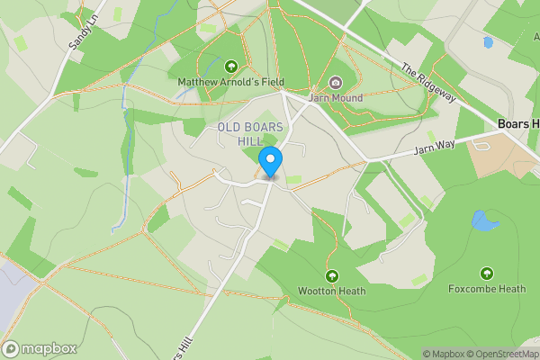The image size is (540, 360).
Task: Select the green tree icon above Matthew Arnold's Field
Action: [x=231, y=67]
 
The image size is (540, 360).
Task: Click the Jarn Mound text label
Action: [x=335, y=98]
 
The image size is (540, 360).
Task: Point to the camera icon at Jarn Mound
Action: [x=336, y=83]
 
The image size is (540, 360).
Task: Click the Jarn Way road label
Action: [x=435, y=147]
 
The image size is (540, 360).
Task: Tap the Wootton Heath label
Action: [x=331, y=291]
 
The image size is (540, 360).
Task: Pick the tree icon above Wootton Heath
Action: [x=331, y=275]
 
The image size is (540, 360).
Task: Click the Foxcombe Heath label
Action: [x=487, y=289]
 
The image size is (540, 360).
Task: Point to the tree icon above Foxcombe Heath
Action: [x=487, y=274]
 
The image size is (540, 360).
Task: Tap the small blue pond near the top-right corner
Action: [x=488, y=42]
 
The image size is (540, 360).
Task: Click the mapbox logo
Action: [x=40, y=348]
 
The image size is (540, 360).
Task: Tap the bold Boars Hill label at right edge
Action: [x=518, y=123]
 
